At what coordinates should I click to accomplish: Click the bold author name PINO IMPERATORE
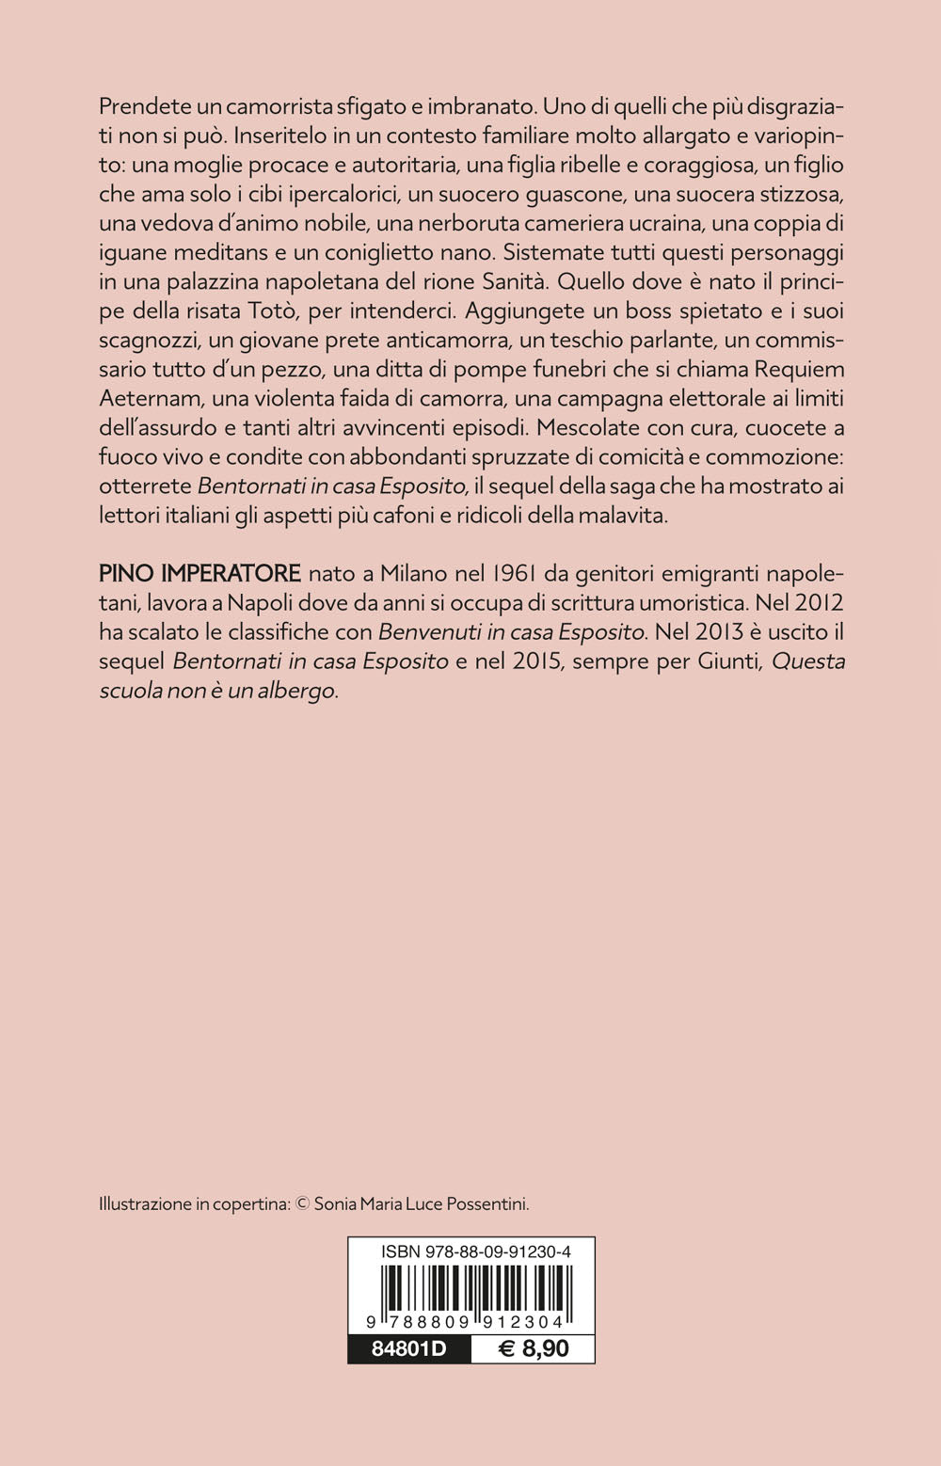(x=199, y=573)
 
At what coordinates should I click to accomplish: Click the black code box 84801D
(x=409, y=1349)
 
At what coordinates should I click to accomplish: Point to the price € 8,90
(x=534, y=1349)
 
